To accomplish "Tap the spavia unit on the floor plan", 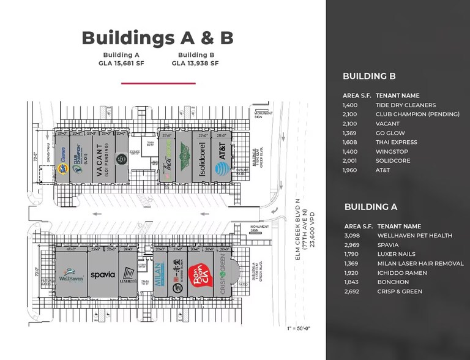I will click(x=103, y=275).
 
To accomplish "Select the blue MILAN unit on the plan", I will click(x=158, y=274).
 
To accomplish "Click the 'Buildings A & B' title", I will click(x=157, y=37).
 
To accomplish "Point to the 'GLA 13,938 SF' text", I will click(x=195, y=62).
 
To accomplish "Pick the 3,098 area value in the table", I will click(x=354, y=235).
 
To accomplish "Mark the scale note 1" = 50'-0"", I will click(x=298, y=329).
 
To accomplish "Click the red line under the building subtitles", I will click(x=157, y=83).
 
